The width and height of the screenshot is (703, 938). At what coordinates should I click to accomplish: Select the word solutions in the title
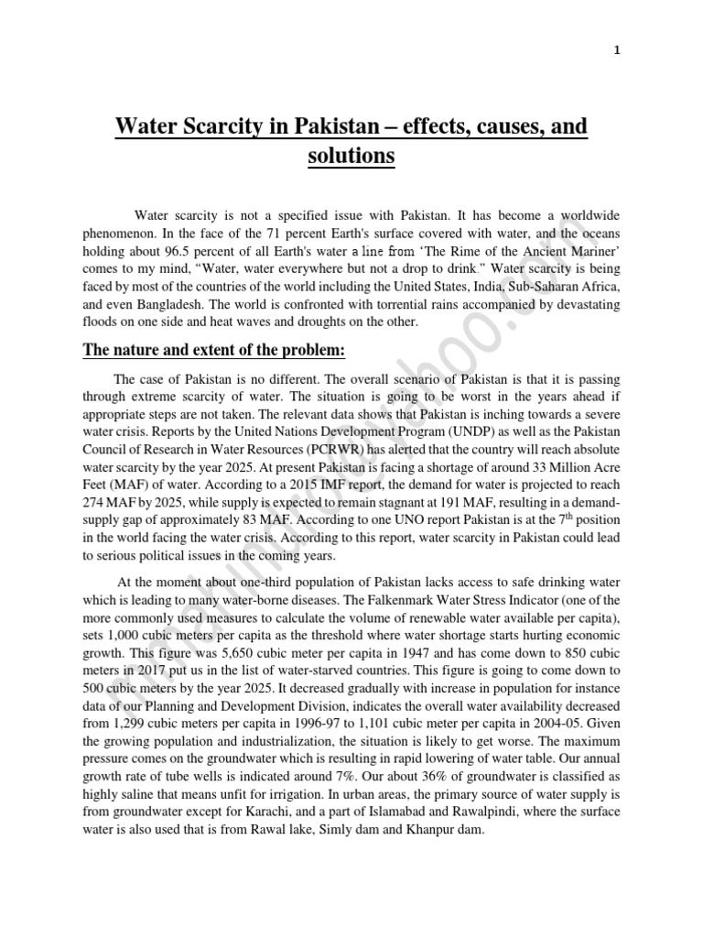point(351,157)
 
